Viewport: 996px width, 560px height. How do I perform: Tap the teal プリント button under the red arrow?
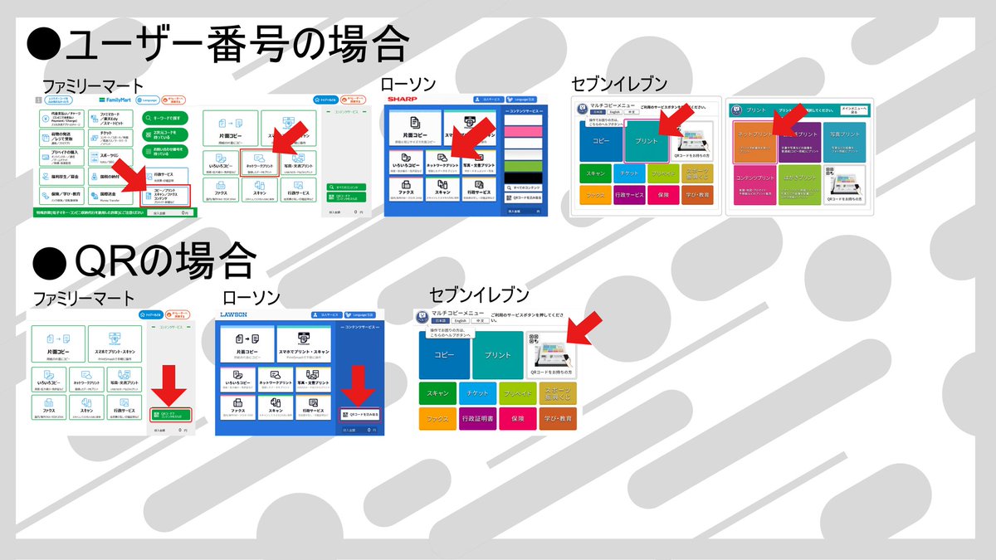tap(647, 141)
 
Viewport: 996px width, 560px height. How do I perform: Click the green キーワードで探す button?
tap(164, 118)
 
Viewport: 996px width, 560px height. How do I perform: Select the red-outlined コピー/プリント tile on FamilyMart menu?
tap(165, 194)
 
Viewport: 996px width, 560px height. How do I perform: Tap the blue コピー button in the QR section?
tap(444, 354)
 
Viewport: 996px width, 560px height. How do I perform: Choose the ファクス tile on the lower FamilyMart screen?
tap(49, 407)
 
